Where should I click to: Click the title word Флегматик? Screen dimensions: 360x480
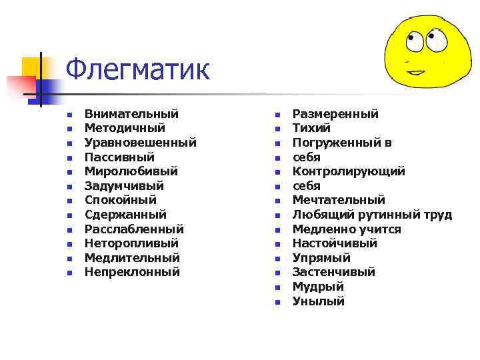pos(138,69)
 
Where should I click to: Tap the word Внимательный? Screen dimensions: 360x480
pos(131,114)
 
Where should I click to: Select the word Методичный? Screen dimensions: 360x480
pos(125,128)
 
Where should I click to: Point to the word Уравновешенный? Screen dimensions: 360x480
pos(140,143)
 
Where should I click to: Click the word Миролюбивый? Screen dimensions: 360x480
pos(131,171)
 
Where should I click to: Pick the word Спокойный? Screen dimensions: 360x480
pos(121,200)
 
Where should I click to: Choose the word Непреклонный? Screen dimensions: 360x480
pos(132,272)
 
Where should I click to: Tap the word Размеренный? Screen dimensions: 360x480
pos(335,114)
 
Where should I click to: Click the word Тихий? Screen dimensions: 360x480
pos(311,128)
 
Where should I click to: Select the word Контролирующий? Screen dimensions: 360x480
pos(349,171)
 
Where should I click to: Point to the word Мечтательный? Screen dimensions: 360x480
pos(339,200)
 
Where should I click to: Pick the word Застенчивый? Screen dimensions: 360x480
pos(334,272)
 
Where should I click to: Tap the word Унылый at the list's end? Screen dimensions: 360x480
pos(319,301)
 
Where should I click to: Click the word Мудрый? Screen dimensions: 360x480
pos(318,287)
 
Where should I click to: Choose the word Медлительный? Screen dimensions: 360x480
pos(132,258)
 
